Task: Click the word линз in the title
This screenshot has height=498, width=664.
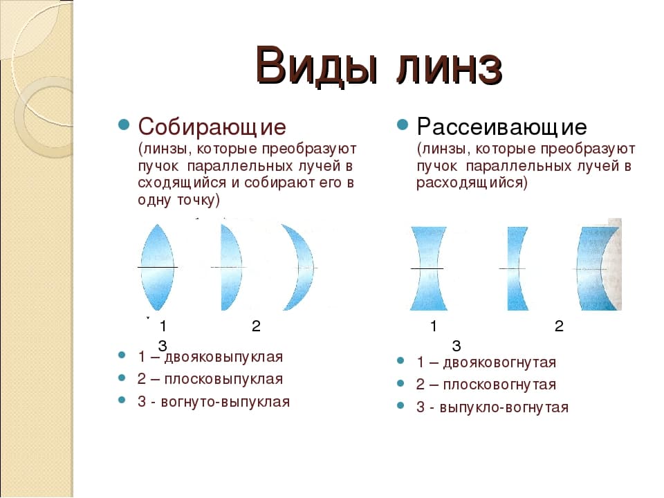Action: coord(450,68)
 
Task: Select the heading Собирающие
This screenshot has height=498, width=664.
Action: coord(212,127)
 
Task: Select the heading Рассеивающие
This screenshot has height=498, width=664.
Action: coord(502,127)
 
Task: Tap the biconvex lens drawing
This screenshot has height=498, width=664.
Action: coord(157,267)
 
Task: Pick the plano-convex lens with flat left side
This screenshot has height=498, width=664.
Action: coord(231,267)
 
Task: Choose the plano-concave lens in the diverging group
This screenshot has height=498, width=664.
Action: coord(516,268)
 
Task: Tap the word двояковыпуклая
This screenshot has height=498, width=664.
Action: coord(223,357)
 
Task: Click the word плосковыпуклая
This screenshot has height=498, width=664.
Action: coord(223,379)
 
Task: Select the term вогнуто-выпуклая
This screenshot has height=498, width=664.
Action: coord(225,401)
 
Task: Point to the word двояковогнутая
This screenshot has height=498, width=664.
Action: coord(499,362)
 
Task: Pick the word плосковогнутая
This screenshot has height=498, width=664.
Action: coord(499,385)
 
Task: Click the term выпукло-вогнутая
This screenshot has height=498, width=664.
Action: coord(504,407)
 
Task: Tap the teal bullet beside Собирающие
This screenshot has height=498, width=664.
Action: coord(124,124)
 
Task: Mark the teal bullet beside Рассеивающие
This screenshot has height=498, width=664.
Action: coord(403,124)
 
